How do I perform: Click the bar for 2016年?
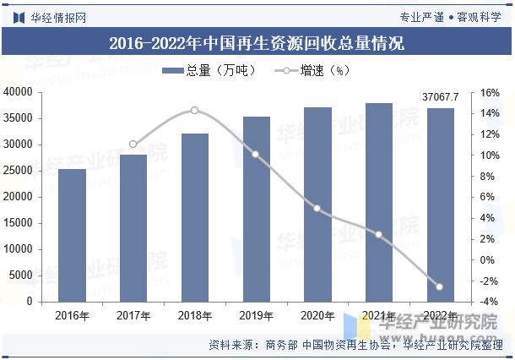coord(72,235)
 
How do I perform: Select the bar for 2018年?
coord(194,217)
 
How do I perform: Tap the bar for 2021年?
coord(378,202)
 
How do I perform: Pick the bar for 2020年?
coord(317,204)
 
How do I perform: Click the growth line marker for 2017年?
coord(133,145)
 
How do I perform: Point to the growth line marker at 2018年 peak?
coord(194,110)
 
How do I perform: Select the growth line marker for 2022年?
coord(439,286)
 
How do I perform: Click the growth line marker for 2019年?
coord(256,154)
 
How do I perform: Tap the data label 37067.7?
coord(439,97)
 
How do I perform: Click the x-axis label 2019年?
coord(256,316)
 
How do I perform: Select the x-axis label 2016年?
coord(72,316)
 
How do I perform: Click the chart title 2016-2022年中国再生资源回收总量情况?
coord(257,43)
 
